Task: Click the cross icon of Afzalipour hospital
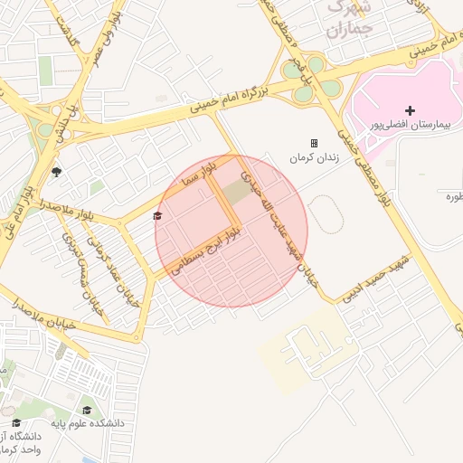(x=410, y=109)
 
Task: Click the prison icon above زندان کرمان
(x=314, y=143)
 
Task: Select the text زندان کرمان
(x=314, y=157)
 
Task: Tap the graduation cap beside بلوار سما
(x=158, y=215)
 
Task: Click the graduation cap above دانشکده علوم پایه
(x=87, y=410)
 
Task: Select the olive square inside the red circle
(x=238, y=191)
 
